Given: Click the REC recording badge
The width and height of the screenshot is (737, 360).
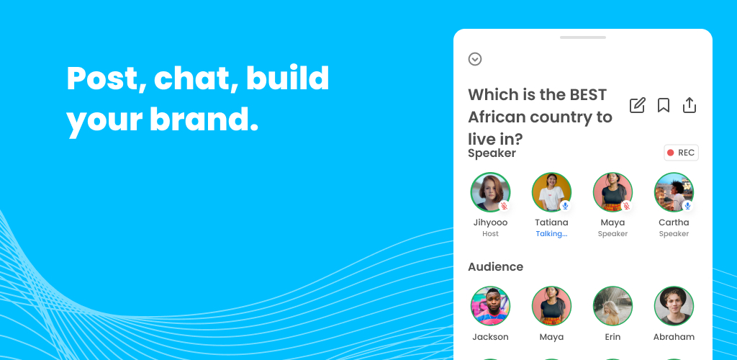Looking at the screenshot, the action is pyautogui.click(x=681, y=153).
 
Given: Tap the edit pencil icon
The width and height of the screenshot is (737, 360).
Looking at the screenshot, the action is pyautogui.click(x=638, y=105).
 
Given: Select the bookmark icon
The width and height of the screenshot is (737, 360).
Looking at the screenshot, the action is pyautogui.click(x=663, y=105).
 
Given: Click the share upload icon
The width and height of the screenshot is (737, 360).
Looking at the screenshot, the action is pyautogui.click(x=689, y=105).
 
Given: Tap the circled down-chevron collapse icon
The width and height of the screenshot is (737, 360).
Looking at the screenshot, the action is pyautogui.click(x=475, y=59).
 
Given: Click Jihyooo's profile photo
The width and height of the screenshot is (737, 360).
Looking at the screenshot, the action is pyautogui.click(x=490, y=192).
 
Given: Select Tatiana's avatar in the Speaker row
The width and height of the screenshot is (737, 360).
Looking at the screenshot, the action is pyautogui.click(x=551, y=192).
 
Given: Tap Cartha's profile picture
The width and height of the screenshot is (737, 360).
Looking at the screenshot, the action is pyautogui.click(x=674, y=192).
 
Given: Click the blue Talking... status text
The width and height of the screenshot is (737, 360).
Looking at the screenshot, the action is pyautogui.click(x=551, y=234).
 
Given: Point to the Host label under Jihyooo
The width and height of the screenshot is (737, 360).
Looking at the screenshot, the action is pyautogui.click(x=490, y=234).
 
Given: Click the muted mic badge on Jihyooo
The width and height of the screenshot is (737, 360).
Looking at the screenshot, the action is pyautogui.click(x=504, y=206).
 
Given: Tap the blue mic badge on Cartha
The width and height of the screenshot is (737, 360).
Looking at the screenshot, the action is pyautogui.click(x=687, y=206).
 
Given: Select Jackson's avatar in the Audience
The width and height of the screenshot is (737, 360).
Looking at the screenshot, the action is pyautogui.click(x=490, y=306).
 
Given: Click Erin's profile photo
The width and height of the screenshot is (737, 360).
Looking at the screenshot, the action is pyautogui.click(x=612, y=306).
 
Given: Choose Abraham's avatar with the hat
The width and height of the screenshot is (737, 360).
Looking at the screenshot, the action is pyautogui.click(x=674, y=306).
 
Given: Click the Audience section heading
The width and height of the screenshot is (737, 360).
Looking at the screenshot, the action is pyautogui.click(x=495, y=266).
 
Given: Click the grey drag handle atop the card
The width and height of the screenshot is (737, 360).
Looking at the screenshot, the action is pyautogui.click(x=583, y=37).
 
